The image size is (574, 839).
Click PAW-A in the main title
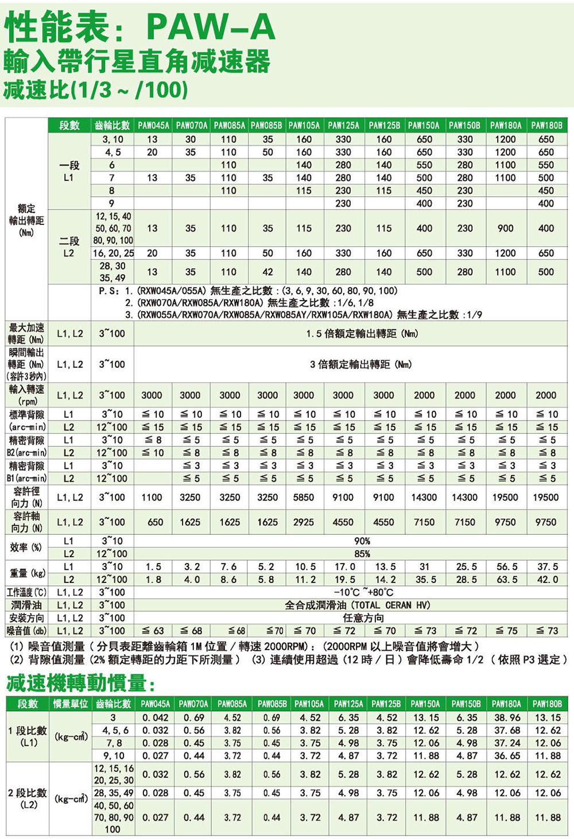click(x=211, y=27)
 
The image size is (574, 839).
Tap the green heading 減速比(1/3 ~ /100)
click(x=96, y=90)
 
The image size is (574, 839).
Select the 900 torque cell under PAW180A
click(x=505, y=228)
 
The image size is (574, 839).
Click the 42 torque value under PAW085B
click(x=267, y=272)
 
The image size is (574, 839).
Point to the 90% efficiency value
click(x=362, y=541)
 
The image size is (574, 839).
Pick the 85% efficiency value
click(x=362, y=554)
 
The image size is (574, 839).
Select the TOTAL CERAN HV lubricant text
click(x=390, y=605)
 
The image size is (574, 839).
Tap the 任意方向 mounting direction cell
click(x=363, y=618)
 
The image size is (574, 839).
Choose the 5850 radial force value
click(x=304, y=498)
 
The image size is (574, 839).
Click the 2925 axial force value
click(x=304, y=522)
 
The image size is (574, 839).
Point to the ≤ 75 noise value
click(x=505, y=631)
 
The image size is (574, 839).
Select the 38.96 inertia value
click(x=507, y=718)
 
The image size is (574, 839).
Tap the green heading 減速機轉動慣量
click(x=80, y=683)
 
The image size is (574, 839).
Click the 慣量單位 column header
click(x=71, y=704)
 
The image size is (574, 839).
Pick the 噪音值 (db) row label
click(x=26, y=631)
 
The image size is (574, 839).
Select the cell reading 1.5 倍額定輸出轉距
click(x=362, y=333)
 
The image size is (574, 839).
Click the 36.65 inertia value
click(x=507, y=756)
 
